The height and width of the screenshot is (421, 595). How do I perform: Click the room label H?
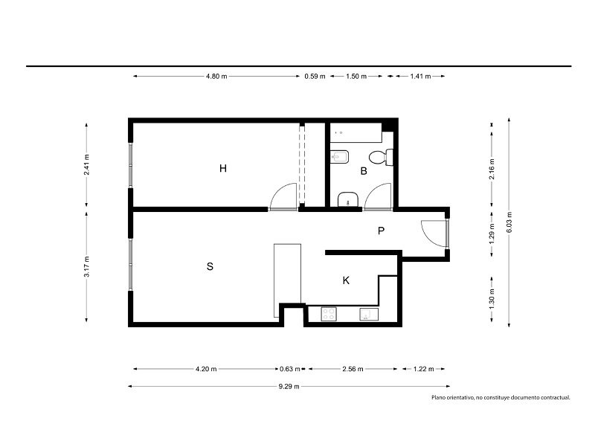point(222,168)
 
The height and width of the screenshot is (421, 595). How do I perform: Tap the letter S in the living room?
point(210,266)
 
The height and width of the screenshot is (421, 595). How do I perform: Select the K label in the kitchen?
point(346,280)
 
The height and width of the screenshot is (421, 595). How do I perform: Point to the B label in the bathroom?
point(364,171)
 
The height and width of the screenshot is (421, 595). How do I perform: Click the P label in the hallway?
point(382,231)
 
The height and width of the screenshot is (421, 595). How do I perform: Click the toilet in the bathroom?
point(381,157)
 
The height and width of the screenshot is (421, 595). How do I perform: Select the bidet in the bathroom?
point(340,157)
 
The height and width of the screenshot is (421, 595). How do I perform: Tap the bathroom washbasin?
point(348,199)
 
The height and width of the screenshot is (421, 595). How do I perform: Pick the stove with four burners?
point(329,314)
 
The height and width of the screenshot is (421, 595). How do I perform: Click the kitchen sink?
point(369,315)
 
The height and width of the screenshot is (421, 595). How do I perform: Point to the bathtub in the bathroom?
point(356,132)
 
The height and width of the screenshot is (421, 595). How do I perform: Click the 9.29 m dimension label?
point(289,387)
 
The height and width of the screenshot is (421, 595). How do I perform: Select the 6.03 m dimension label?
point(509,222)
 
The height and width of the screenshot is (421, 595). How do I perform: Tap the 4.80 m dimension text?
point(216,77)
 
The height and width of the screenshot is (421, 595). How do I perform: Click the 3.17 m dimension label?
point(86,266)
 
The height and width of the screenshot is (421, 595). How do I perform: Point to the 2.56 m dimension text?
point(353,369)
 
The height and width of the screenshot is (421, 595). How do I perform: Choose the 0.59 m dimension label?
point(315,77)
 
